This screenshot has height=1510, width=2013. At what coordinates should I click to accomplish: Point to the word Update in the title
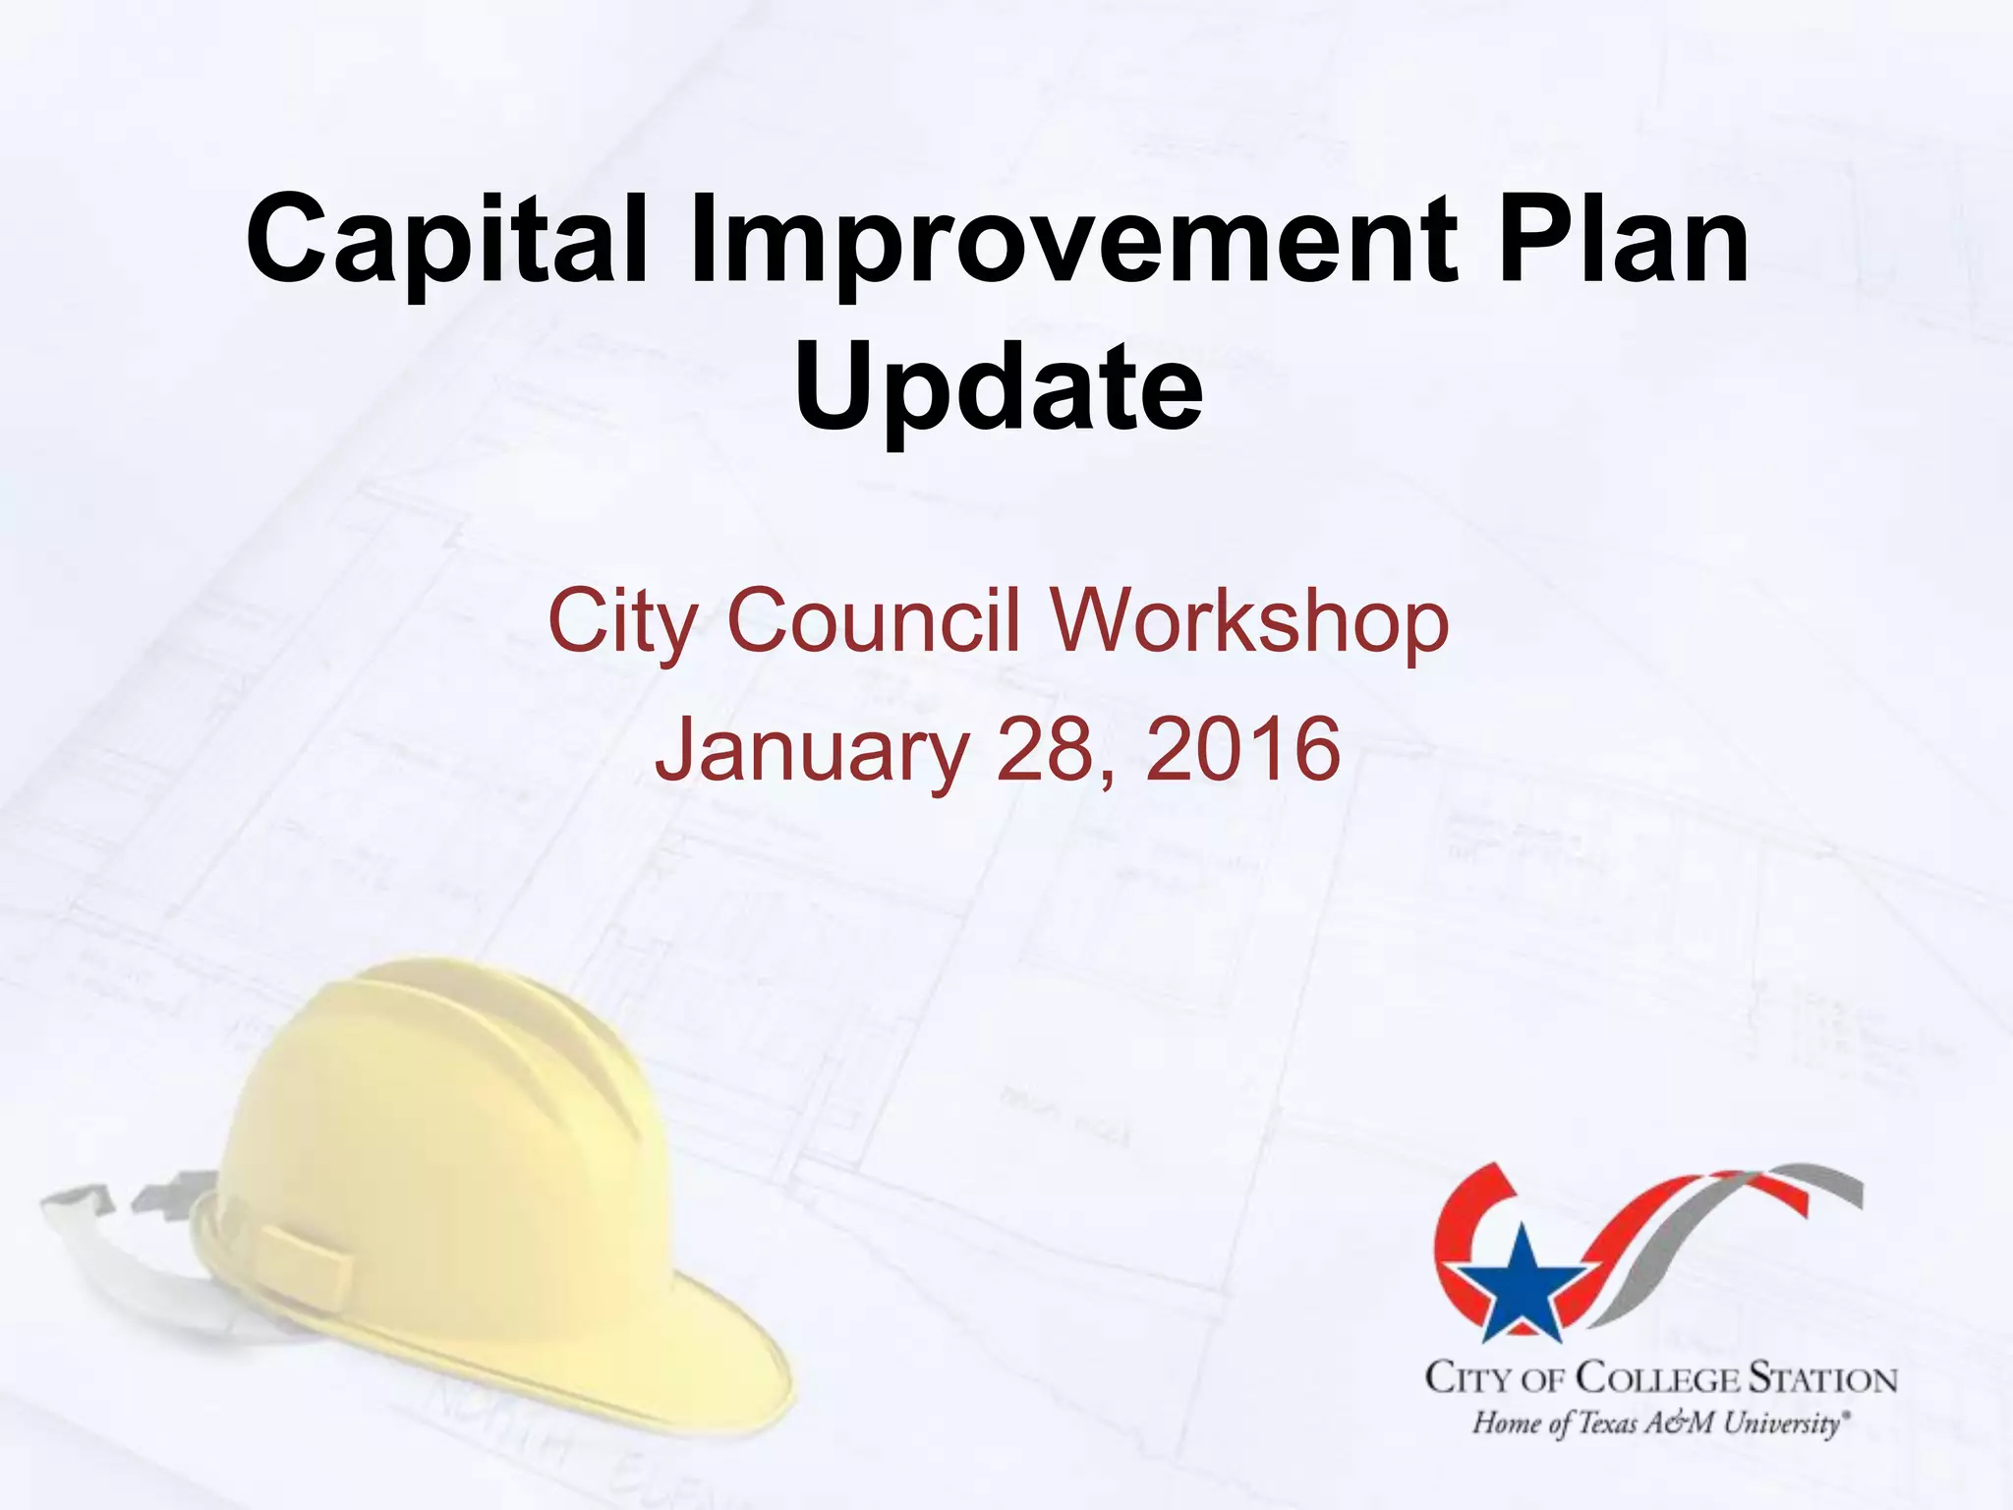[998, 387]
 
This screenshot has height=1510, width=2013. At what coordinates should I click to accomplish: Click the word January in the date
[812, 751]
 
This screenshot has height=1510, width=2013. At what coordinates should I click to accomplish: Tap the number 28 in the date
[1047, 749]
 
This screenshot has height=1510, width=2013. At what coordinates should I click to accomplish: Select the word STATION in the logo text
[1821, 1378]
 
